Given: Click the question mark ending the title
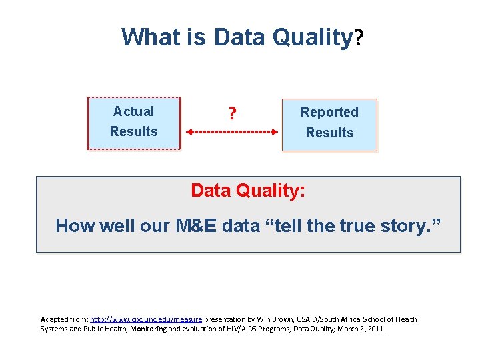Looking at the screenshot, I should [x=359, y=39].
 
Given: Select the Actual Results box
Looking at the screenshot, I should [x=134, y=123].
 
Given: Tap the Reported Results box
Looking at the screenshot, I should [x=329, y=125].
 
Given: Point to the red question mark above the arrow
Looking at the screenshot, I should [x=231, y=114].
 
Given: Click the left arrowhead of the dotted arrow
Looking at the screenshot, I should [x=189, y=132].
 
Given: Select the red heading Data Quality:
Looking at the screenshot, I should [x=248, y=191].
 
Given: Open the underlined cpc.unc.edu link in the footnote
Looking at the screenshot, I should [x=145, y=319].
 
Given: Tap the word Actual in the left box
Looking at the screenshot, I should [x=133, y=111].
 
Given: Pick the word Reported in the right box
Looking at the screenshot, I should [x=329, y=112].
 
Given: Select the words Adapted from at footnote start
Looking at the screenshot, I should [x=64, y=319].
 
